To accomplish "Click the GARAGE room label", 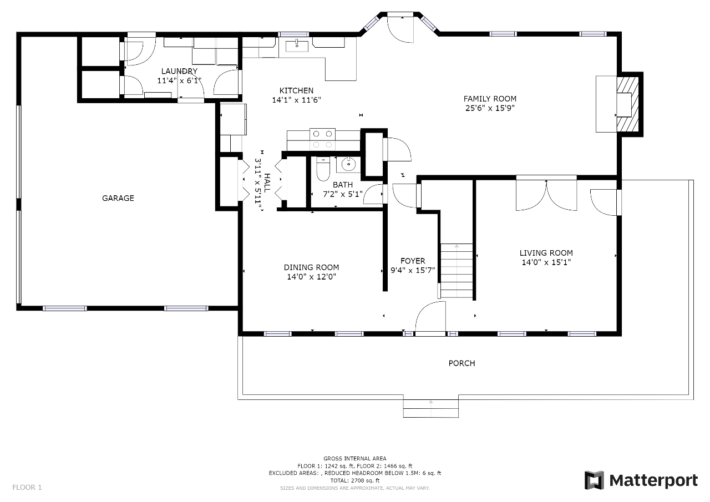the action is click(x=118, y=198).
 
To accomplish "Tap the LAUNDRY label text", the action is click(x=179, y=71).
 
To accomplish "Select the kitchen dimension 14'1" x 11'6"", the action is click(x=296, y=100).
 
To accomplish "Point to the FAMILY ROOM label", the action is click(x=490, y=99).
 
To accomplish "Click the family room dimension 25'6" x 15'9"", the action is click(x=490, y=108).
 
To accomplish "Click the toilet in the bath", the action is click(x=323, y=169).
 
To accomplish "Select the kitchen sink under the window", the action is click(x=297, y=45).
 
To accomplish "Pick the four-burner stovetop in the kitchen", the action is click(x=322, y=139).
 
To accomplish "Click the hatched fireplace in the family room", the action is click(x=627, y=105).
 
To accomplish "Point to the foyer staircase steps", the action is click(x=457, y=271).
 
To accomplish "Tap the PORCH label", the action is click(x=461, y=363).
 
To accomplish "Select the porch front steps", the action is click(x=431, y=409).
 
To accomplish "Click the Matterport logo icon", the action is click(x=594, y=480).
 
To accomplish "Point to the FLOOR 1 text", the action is click(x=27, y=487).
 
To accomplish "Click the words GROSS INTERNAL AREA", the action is click(x=354, y=458).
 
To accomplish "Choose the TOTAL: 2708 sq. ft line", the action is click(x=354, y=480).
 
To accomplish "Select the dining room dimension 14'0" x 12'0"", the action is click(x=311, y=277).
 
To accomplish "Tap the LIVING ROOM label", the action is click(x=546, y=253).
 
